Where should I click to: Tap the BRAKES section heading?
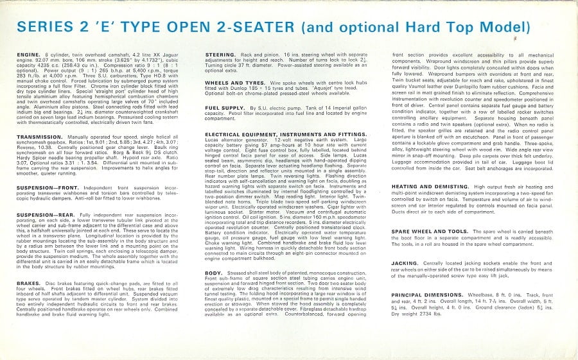coord(28,282)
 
